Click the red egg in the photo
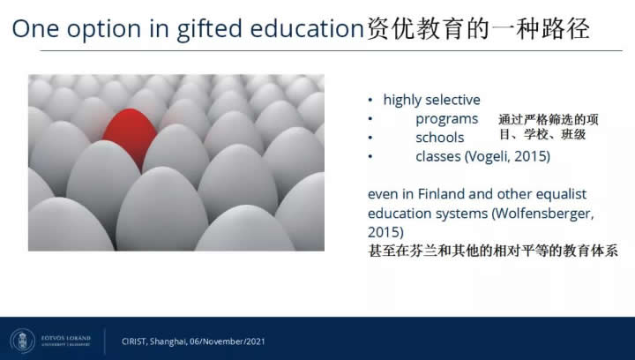pyautogui.click(x=130, y=137)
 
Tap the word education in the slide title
pyautogui.click(x=308, y=28)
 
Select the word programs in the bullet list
pyautogui.click(x=446, y=119)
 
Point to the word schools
pyautogui.click(x=440, y=138)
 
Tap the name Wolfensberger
pyautogui.click(x=542, y=213)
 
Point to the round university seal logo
pyautogui.click(x=22, y=341)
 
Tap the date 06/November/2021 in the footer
pyautogui.click(x=228, y=341)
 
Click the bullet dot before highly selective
pyautogui.click(x=370, y=100)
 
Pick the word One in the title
pyautogui.click(x=36, y=29)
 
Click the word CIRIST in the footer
pyautogui.click(x=134, y=341)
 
